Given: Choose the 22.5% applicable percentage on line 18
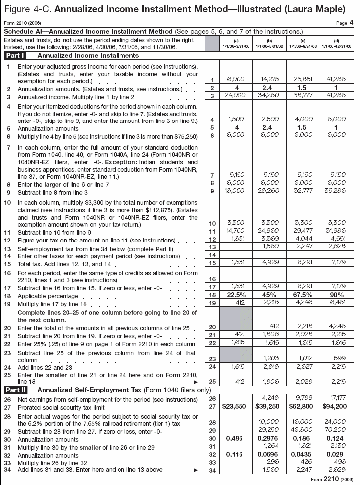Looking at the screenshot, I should pos(236,295).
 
